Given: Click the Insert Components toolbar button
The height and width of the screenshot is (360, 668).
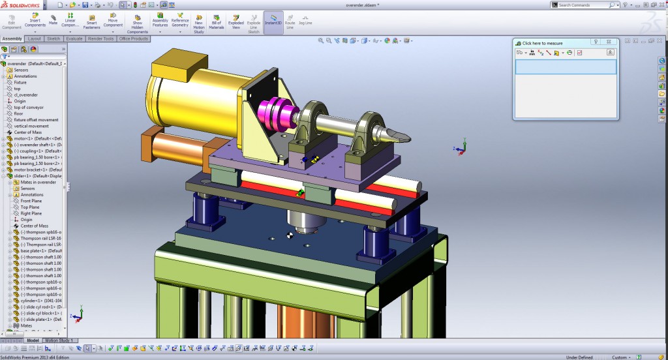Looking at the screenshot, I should pos(35,22).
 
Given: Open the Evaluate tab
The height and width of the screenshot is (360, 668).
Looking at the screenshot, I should pos(74,38).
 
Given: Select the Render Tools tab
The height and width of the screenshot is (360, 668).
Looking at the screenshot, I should pos(100,38).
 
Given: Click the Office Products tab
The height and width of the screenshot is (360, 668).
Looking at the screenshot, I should pos(134,38).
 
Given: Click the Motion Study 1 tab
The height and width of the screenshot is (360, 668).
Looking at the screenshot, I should pos(60,340).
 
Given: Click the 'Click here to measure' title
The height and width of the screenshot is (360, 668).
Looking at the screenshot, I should pos(542,43).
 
